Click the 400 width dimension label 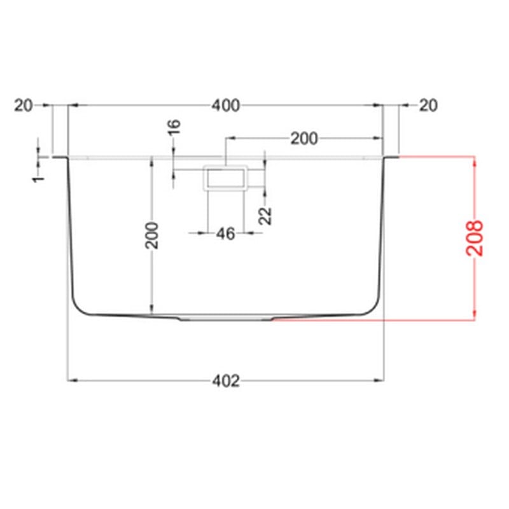(226, 106)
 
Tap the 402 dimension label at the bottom (226, 380)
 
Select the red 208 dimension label (474, 238)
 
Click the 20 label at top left (24, 106)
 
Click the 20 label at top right (428, 106)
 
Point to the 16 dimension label (174, 127)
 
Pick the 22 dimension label (265, 216)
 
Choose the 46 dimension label (226, 234)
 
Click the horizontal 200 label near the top (304, 139)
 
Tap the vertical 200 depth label (151, 235)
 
